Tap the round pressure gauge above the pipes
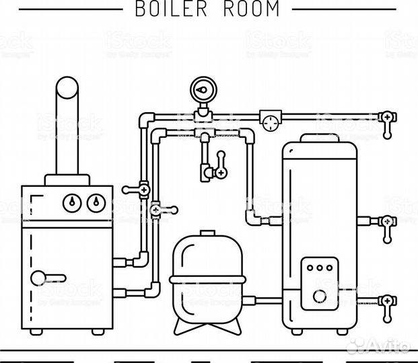click(x=201, y=89)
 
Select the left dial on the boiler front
click(x=71, y=201)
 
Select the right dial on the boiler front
click(x=94, y=201)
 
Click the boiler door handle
click(x=47, y=276)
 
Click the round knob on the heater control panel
click(x=318, y=296)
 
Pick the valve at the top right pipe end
click(x=387, y=121)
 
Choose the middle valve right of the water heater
click(x=387, y=225)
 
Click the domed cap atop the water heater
click(x=319, y=138)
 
